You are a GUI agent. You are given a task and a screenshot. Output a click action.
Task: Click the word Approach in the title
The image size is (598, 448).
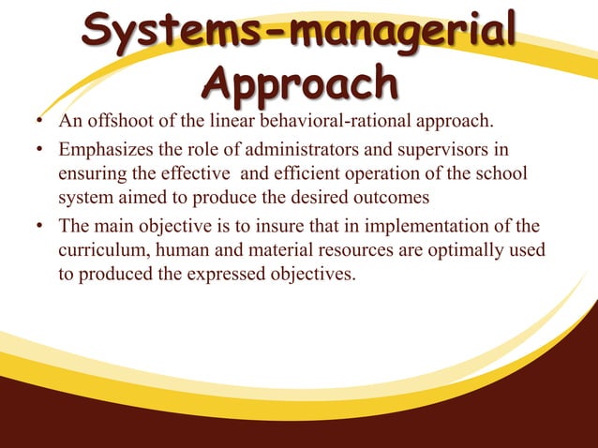point(299,84)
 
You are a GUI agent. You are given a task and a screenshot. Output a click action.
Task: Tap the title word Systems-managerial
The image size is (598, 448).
point(298,35)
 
